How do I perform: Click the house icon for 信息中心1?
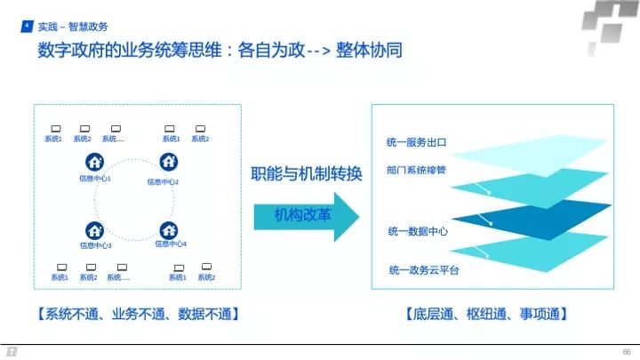click(94, 163)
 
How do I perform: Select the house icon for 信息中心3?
click(94, 229)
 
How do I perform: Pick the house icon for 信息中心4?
click(169, 228)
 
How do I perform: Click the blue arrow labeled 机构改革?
click(304, 215)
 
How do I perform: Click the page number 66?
click(626, 350)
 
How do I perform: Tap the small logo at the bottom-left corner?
click(12, 351)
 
